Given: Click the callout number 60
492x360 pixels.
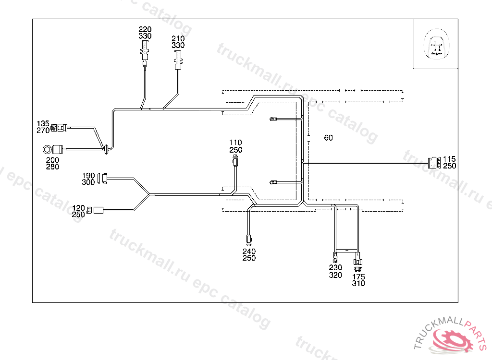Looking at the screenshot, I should click(328, 138).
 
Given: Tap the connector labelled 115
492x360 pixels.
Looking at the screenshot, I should click(434, 163).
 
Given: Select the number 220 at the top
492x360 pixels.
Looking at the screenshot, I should click(145, 29).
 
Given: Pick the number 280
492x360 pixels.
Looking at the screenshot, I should click(52, 167).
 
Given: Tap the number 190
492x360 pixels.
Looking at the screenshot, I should click(88, 175).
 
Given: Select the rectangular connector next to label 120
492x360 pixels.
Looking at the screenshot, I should click(99, 210).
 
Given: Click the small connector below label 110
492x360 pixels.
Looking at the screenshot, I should click(235, 160).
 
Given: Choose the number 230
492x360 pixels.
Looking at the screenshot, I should click(335, 267).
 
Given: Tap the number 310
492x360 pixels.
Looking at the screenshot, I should click(358, 284).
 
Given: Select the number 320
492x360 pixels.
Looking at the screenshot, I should click(335, 275).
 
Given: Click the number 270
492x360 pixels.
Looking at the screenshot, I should click(43, 130).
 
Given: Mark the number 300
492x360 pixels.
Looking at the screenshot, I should click(88, 182).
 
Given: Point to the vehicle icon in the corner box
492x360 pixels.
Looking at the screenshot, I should click(436, 44).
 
